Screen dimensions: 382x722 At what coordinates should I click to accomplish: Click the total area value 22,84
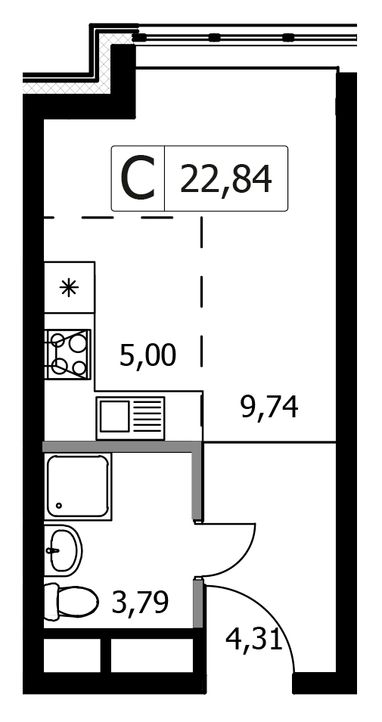coord(225,178)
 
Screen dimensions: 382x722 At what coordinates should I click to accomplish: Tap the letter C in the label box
coord(138,178)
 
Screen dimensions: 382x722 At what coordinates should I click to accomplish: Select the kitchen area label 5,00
coord(148,356)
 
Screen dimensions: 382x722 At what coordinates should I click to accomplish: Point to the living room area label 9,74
coord(269,407)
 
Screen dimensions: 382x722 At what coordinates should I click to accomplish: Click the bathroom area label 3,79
coord(140,603)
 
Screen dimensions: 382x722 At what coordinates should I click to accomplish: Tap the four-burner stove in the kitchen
coord(68,354)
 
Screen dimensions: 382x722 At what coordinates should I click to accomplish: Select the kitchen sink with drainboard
coord(130,418)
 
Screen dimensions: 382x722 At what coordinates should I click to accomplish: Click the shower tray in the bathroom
coord(78,486)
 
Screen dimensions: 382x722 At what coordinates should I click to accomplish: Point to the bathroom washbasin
coord(63,550)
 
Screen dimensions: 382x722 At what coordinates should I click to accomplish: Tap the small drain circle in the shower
coord(59,506)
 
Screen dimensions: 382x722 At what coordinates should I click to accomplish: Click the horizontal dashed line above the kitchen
coord(109,217)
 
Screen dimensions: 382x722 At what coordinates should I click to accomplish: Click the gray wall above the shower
coord(123,447)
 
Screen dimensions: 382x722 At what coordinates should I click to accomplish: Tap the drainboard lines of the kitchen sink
coord(148,417)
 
